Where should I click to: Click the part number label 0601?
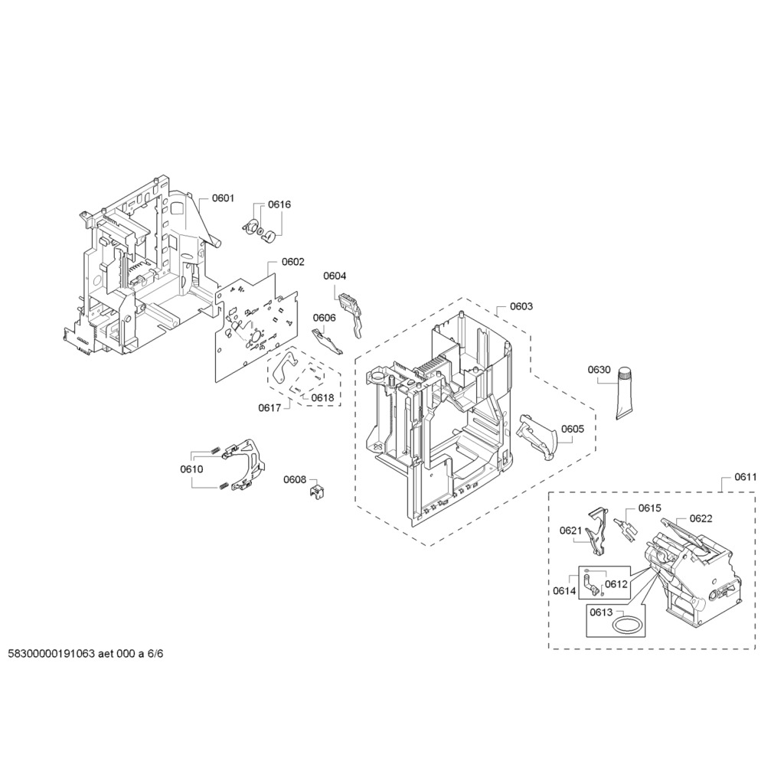tap(223, 198)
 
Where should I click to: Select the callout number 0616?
tap(279, 204)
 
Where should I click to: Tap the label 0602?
tap(292, 262)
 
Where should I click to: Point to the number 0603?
tap(521, 306)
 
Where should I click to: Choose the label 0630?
tap(599, 370)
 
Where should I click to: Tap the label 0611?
tap(746, 477)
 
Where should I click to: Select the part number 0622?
tap(701, 518)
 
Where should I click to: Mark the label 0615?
tap(649, 508)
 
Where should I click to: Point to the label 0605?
tap(572, 429)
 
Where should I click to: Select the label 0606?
tap(323, 318)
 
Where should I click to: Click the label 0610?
tap(191, 469)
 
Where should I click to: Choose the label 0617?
tap(269, 408)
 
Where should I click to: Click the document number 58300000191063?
tap(51, 655)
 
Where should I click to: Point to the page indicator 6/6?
tap(155, 655)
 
